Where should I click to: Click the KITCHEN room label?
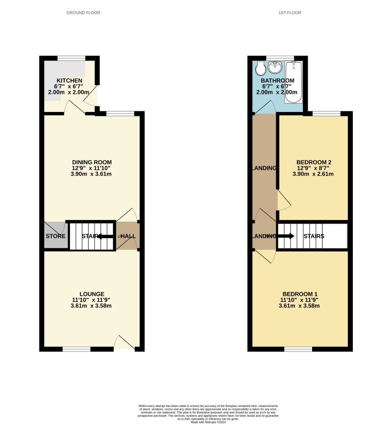pyautogui.click(x=69, y=81)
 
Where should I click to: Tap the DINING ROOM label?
pyautogui.click(x=92, y=162)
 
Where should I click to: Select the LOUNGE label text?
pyautogui.click(x=92, y=294)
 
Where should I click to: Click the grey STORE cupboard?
pyautogui.click(x=55, y=236)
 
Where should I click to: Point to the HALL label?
pyautogui.click(x=128, y=236)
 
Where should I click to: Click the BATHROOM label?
pyautogui.click(x=277, y=81)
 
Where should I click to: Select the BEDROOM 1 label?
pyautogui.click(x=299, y=294)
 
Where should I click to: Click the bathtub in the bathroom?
pyautogui.click(x=294, y=82)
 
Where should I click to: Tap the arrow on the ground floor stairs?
pyautogui.click(x=104, y=236)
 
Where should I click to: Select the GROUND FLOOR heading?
pyautogui.click(x=83, y=13)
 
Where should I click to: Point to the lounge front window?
pyautogui.click(x=76, y=349)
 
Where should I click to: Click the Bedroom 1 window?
pyautogui.click(x=298, y=349)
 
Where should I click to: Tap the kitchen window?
pyautogui.click(x=71, y=58)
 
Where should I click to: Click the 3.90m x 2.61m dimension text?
pyautogui.click(x=313, y=174)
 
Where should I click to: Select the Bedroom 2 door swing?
pyautogui.click(x=283, y=201)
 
